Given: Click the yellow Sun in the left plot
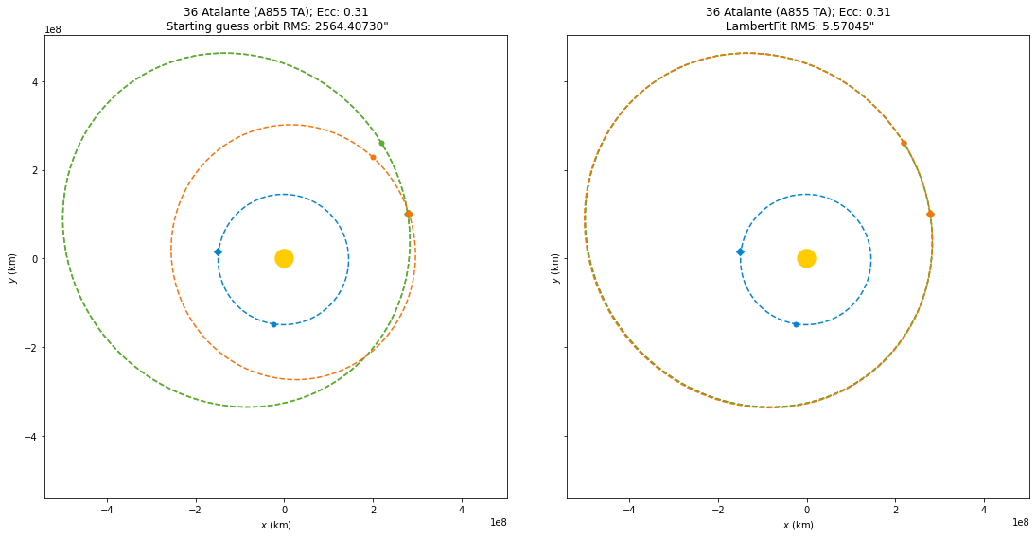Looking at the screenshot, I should coord(284,258).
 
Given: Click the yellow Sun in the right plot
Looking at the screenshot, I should coord(806,258).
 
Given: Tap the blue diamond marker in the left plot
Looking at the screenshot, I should coord(218,251).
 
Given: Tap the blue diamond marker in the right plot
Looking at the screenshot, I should coord(740,251).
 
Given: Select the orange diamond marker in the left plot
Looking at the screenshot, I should coord(409,214).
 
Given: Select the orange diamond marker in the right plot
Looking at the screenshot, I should coord(930,214).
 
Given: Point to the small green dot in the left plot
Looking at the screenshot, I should coord(381,144).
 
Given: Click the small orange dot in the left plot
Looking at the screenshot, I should coord(373,157).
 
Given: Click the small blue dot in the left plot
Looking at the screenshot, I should coord(273,324).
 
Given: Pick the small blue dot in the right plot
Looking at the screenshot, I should coord(796,324).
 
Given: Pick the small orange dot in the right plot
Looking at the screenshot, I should coord(904,143).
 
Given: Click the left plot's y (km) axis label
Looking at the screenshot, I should coord(12,267).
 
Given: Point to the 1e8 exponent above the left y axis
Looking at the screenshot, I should coord(54,29).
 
